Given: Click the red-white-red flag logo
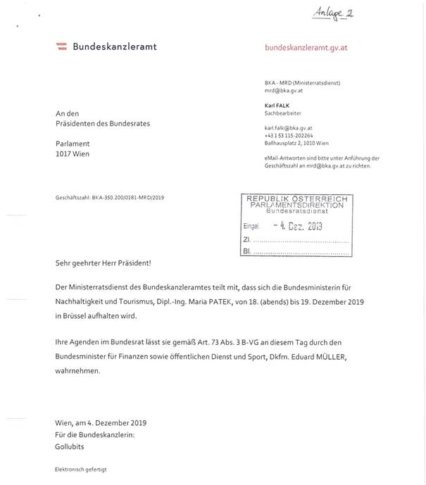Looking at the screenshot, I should point(61,46).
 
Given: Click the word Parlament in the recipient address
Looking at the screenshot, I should point(73,142).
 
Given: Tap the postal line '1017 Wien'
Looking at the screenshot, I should point(73,153).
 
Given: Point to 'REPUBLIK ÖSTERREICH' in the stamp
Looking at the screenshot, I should point(297,199).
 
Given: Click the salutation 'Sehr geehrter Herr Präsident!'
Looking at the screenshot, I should point(103,263).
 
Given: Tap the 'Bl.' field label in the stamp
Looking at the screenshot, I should point(246,250).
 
